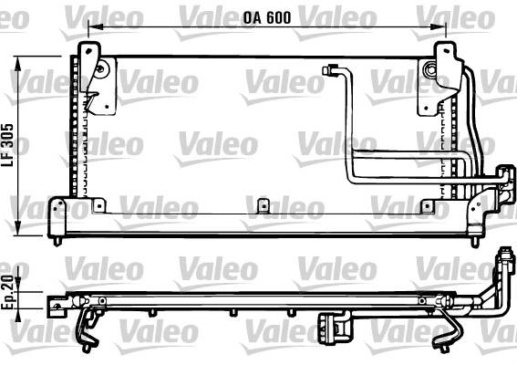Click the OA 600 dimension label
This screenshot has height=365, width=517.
point(267,17)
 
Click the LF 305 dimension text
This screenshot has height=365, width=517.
point(7,145)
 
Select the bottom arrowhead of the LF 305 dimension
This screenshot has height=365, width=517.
point(18,228)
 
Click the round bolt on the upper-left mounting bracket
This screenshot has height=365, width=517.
point(100,69)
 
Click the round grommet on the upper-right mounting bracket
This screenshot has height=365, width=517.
point(430,69)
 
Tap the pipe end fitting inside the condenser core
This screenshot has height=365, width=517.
point(328,70)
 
